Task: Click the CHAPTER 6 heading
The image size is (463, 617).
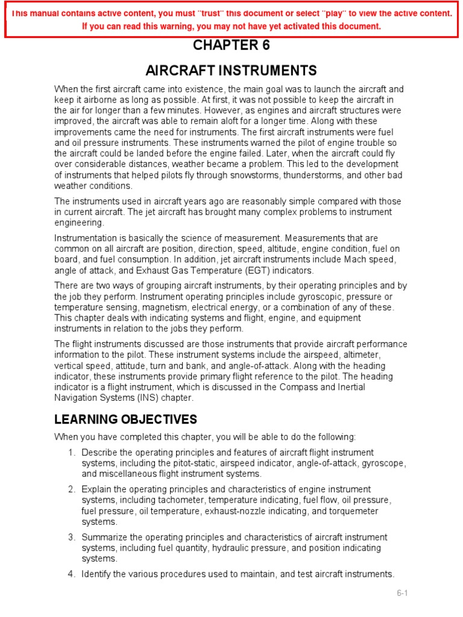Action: (231, 46)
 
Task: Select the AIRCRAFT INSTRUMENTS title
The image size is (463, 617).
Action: (231, 70)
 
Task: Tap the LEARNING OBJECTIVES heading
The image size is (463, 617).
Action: (125, 419)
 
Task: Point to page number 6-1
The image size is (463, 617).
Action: (402, 594)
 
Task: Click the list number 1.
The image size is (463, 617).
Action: (71, 453)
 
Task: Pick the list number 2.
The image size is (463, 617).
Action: (71, 489)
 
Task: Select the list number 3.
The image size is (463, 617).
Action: (71, 537)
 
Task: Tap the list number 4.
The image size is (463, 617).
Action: (71, 574)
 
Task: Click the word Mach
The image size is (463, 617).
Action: (345, 260)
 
